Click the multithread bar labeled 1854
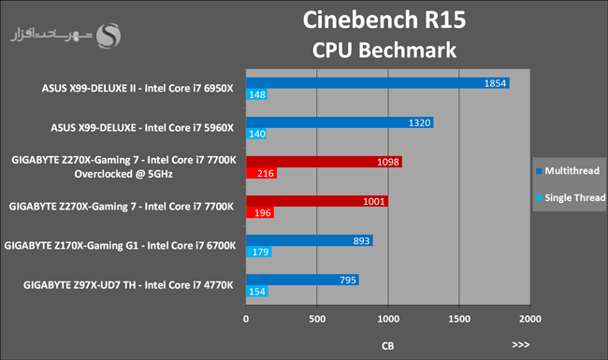coord(378,83)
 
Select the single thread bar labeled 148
coord(256,94)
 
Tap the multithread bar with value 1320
coord(340,122)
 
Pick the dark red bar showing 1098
coord(324,162)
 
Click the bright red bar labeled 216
coord(261,173)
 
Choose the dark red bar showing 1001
coord(317,201)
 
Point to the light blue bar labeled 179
coord(258,252)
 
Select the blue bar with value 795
coord(302,280)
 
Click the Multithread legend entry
coord(568,171)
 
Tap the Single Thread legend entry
coord(571,197)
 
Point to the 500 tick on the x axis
coord(317,319)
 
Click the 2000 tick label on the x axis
coord(530,319)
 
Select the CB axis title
coord(388,346)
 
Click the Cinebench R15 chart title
coord(384,20)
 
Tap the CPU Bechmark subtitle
coord(384,50)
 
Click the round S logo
coord(109,36)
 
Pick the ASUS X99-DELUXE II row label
coord(138,88)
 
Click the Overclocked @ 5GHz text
coord(123,174)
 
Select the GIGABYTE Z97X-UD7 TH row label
coord(128,285)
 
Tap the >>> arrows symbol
coord(521,344)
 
